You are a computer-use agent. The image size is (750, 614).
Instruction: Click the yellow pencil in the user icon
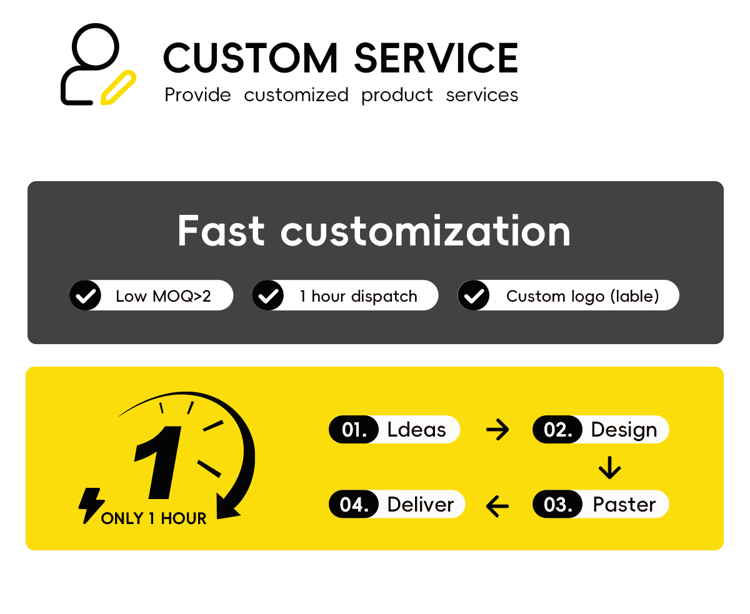coord(118,87)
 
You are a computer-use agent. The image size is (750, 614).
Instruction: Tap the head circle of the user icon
coord(95,47)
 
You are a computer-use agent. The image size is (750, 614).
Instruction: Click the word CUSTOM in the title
coord(251,57)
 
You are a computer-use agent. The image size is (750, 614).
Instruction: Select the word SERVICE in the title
coord(436,57)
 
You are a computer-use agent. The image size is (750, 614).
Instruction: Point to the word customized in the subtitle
coord(296,95)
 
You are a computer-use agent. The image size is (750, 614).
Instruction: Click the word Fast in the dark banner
coord(221,230)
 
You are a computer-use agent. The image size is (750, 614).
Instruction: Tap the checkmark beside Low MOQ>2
coord(86,295)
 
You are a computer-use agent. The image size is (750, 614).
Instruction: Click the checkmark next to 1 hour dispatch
coord(267,295)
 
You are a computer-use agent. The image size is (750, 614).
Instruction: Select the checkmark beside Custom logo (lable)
coord(473,295)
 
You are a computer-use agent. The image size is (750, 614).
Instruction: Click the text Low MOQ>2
coord(163,296)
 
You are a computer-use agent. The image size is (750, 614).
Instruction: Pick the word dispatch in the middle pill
coord(384,296)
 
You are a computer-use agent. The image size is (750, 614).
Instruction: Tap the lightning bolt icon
coord(91,505)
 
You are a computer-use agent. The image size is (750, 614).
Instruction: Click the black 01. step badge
coord(354,429)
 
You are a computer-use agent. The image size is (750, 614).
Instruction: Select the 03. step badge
coord(557,504)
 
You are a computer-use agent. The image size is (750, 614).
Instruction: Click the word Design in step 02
coord(624,430)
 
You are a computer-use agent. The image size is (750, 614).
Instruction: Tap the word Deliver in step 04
coord(421,504)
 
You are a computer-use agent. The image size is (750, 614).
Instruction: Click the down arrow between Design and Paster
coord(610,467)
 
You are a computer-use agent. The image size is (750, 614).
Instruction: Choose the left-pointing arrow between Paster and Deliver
coord(497,506)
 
